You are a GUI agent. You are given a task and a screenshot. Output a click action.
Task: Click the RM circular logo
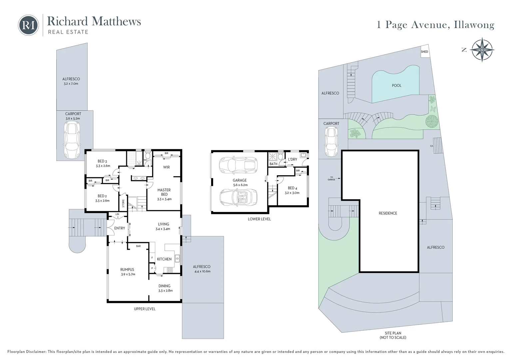[28, 25]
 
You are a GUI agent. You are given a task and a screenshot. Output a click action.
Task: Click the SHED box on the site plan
[424, 52]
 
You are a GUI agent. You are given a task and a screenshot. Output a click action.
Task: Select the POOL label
[396, 86]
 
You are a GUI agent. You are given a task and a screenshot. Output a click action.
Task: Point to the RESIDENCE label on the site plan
[388, 213]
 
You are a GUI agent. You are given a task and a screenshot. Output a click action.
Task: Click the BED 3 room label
[102, 161]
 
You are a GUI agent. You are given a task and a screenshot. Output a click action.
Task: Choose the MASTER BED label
[164, 192]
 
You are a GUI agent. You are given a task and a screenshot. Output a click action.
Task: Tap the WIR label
[166, 167]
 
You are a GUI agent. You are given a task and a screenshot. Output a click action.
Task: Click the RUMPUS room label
[127, 269]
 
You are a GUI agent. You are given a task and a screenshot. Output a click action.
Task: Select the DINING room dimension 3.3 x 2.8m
[166, 290]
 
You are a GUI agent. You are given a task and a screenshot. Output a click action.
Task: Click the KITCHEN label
[164, 259]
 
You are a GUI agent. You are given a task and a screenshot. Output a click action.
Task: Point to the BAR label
[138, 246]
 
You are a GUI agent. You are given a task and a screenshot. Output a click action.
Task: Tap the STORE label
[123, 203]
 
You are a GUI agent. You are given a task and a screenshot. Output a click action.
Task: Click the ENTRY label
[120, 228]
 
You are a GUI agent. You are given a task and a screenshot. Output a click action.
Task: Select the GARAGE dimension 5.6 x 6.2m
[240, 185]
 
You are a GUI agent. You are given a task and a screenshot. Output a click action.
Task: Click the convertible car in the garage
[239, 197]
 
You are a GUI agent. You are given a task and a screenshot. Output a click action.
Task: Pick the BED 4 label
[292, 188]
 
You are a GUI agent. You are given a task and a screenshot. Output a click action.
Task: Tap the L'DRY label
[292, 159]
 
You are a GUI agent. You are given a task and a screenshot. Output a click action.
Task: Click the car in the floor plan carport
[72, 140]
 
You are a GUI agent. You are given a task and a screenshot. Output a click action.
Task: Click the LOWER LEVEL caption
[259, 219]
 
